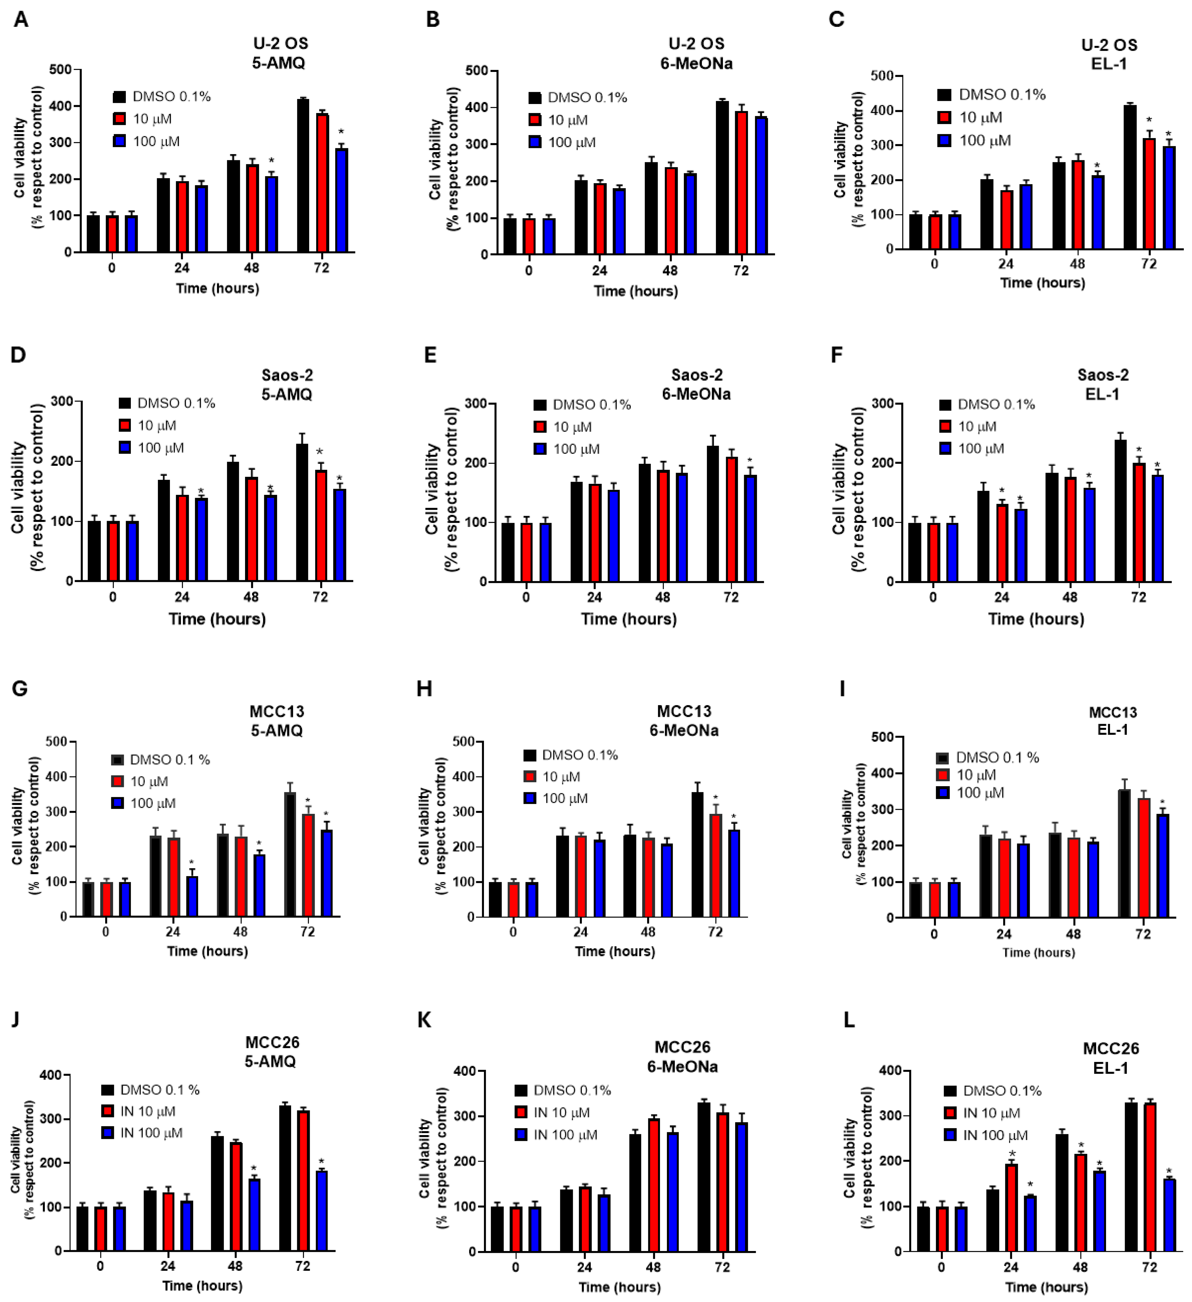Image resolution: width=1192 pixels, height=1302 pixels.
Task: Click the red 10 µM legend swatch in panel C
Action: (945, 118)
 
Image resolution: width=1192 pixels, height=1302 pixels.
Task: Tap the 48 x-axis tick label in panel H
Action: (647, 932)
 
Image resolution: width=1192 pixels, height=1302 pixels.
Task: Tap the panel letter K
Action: (425, 1020)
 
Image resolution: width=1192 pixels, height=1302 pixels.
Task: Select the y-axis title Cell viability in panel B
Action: (434, 160)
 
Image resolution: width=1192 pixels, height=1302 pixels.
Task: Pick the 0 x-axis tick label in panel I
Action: (934, 934)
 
